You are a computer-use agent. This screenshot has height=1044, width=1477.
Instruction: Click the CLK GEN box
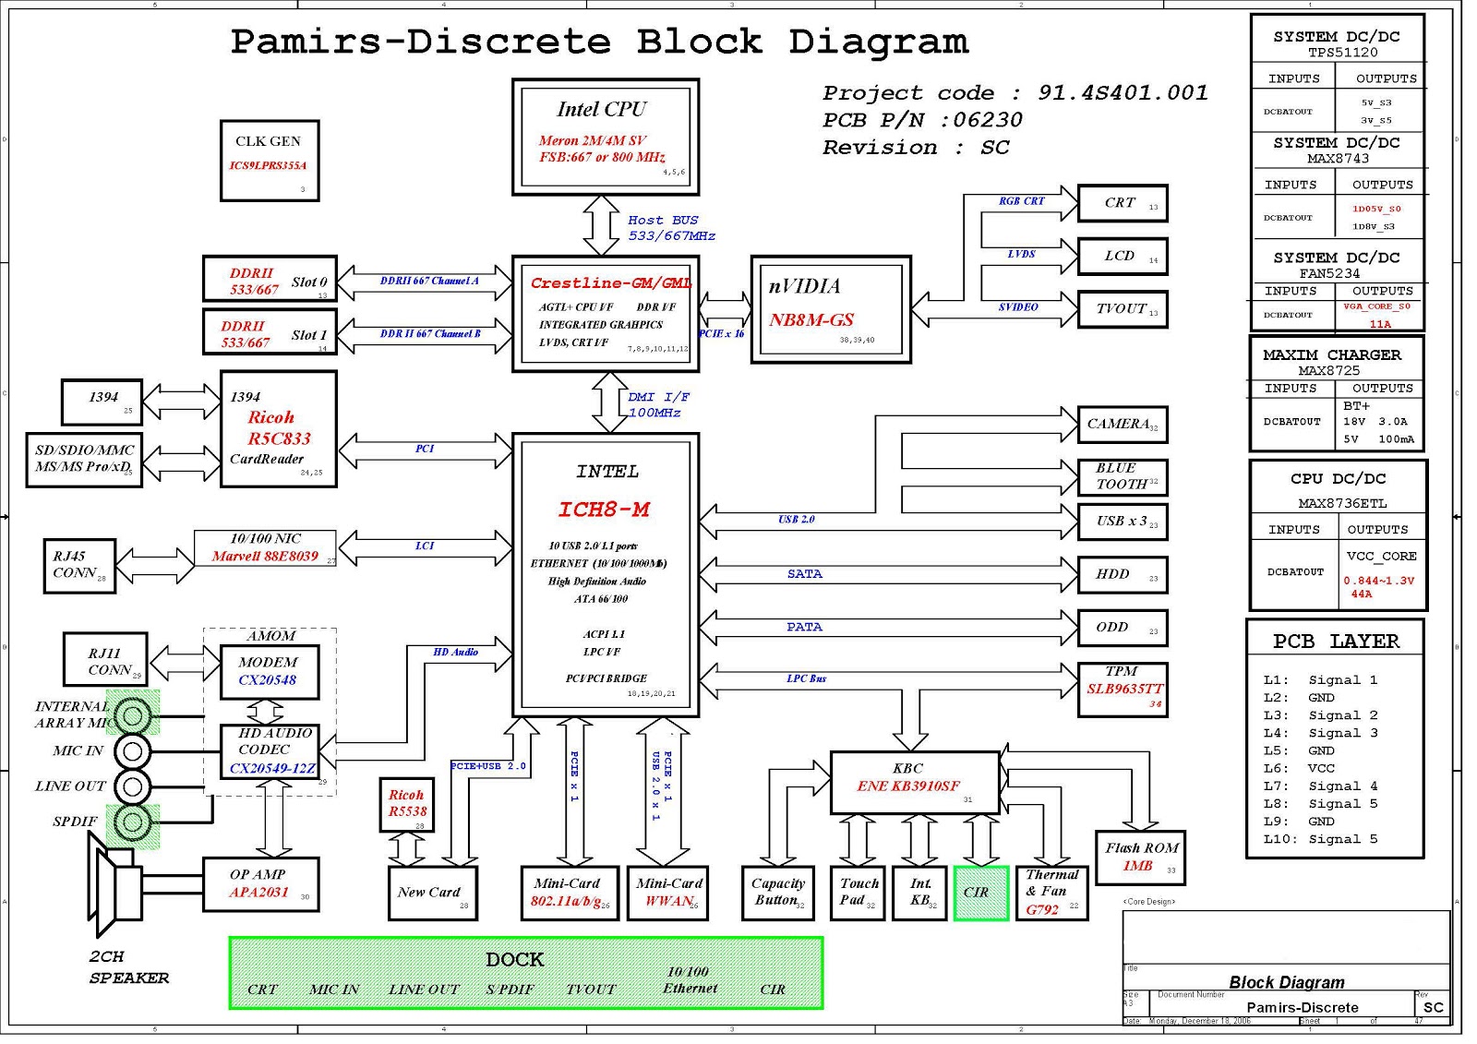click(270, 160)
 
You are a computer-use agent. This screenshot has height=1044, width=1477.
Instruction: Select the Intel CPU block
click(606, 137)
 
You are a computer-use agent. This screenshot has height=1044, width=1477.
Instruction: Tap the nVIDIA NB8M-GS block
click(831, 309)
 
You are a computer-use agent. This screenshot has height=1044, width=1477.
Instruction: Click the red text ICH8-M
click(604, 510)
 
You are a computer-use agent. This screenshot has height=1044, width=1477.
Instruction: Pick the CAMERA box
click(1122, 425)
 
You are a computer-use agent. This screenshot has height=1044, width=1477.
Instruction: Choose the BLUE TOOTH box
click(1122, 476)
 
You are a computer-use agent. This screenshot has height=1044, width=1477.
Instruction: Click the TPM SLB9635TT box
click(1122, 689)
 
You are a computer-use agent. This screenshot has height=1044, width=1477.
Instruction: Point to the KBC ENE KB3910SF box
click(914, 782)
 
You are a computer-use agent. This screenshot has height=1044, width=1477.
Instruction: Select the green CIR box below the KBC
click(980, 893)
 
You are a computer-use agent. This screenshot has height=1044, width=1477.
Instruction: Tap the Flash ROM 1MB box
click(1139, 858)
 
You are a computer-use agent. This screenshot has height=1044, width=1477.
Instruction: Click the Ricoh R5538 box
click(407, 804)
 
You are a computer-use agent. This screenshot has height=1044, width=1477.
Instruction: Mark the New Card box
click(432, 893)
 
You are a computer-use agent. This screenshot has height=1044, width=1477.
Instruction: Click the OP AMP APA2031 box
click(260, 884)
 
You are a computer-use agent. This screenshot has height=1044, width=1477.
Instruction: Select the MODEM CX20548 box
click(269, 671)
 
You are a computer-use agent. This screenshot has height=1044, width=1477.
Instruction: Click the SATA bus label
click(804, 574)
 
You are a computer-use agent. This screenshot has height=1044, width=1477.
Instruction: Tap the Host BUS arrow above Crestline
click(601, 225)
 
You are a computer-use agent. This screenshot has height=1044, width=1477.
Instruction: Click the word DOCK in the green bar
click(514, 960)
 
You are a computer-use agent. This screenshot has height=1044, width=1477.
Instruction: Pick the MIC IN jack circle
click(132, 751)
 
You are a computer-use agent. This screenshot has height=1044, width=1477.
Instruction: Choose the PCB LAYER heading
click(1335, 642)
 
